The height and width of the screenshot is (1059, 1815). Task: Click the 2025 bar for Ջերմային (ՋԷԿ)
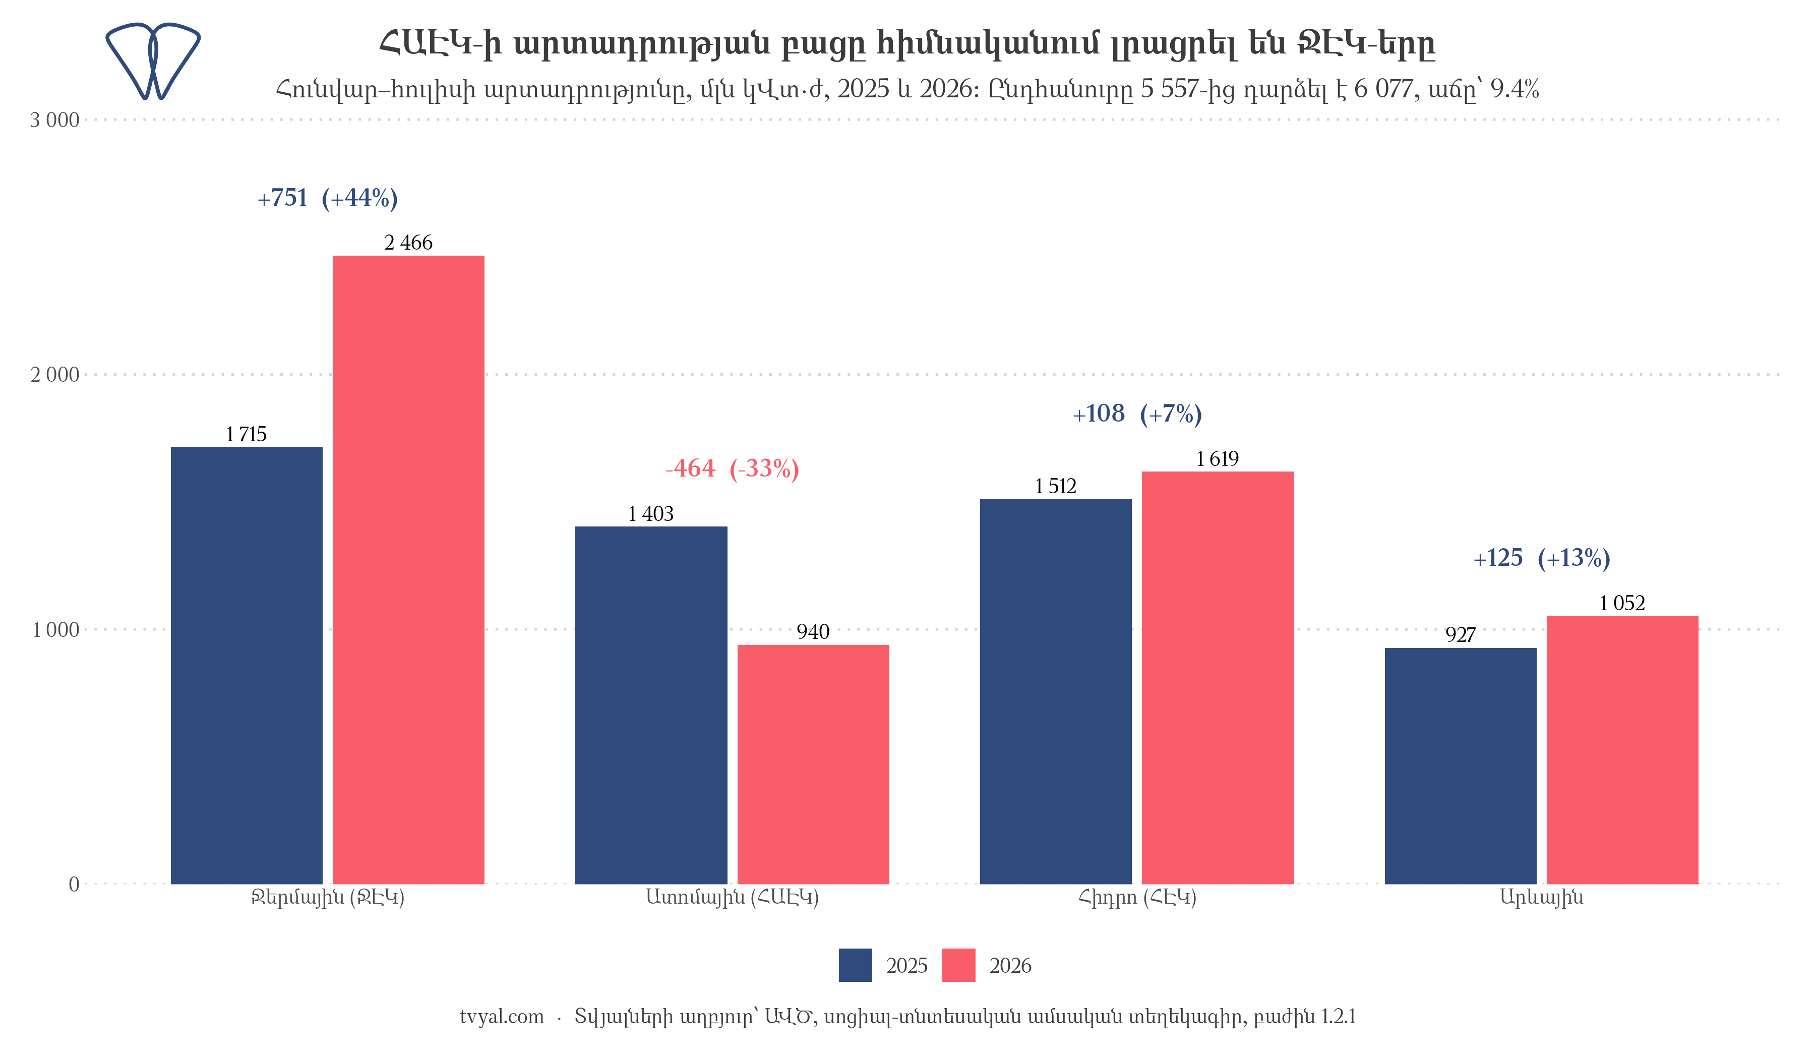(247, 665)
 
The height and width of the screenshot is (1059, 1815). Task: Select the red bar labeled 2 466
(408, 570)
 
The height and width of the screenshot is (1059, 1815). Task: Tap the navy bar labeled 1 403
(651, 705)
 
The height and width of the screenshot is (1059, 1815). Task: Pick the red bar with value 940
(813, 764)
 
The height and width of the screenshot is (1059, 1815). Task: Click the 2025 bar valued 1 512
(1056, 691)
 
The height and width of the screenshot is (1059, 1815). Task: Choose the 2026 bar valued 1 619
(1218, 678)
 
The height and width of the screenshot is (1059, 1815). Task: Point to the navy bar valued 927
(1461, 766)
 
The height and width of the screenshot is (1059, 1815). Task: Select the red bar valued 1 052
(1623, 750)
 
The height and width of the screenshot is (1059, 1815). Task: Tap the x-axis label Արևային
(1542, 898)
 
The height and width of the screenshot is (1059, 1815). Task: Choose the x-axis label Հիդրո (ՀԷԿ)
(1137, 898)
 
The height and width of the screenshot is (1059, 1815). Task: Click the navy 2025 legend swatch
(856, 965)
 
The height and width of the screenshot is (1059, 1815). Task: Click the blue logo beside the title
(153, 61)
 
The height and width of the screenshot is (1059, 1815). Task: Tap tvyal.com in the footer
(502, 1017)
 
